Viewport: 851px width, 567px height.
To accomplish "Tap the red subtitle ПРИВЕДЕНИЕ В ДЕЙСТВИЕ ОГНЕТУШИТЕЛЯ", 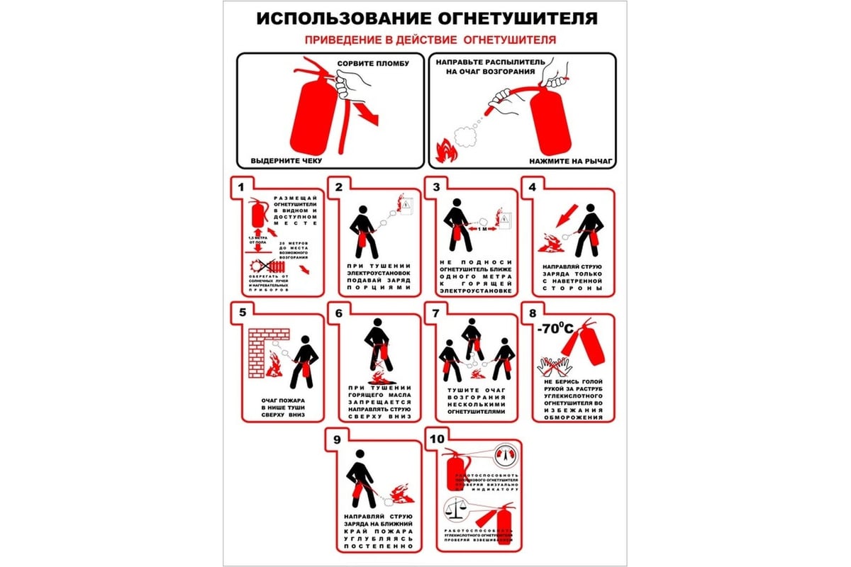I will coord(430,40).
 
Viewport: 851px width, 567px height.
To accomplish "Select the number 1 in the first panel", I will coord(241,187).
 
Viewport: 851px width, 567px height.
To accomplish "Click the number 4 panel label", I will coord(532,187).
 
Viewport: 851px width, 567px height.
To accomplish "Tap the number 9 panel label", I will coord(338,439).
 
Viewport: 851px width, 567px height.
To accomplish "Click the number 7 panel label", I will coord(435,313).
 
